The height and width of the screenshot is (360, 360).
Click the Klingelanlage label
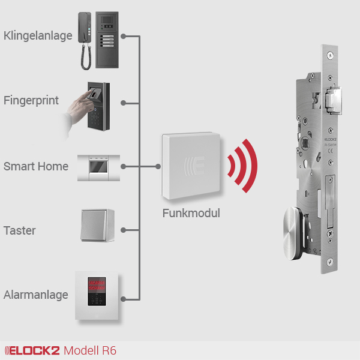click(x=37, y=36)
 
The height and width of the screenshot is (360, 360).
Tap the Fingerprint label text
click(x=31, y=100)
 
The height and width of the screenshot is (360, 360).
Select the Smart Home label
click(x=36, y=166)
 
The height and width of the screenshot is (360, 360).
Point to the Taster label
click(x=20, y=230)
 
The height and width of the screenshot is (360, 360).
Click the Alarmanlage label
click(x=35, y=295)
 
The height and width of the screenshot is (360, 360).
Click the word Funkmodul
click(x=191, y=213)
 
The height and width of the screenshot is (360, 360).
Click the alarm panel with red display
click(x=98, y=295)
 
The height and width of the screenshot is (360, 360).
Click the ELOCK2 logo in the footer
click(x=31, y=350)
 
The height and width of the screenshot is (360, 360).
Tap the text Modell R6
click(x=90, y=350)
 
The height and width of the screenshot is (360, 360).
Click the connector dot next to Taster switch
click(x=122, y=230)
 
